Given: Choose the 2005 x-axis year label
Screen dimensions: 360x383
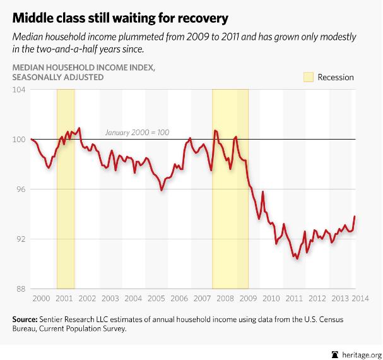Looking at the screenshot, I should [x=156, y=297].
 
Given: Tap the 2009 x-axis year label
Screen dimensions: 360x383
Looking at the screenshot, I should [x=248, y=297].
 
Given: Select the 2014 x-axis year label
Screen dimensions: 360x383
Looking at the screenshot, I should [x=363, y=297].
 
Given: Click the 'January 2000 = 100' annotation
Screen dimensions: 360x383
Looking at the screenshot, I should [x=137, y=133].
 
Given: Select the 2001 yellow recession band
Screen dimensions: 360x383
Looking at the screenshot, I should [x=66, y=189].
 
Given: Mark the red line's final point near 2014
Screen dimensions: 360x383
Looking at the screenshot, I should [x=355, y=217].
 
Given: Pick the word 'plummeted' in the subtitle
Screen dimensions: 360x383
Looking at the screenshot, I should [x=149, y=36].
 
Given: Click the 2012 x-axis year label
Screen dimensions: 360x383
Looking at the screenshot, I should [x=317, y=297].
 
